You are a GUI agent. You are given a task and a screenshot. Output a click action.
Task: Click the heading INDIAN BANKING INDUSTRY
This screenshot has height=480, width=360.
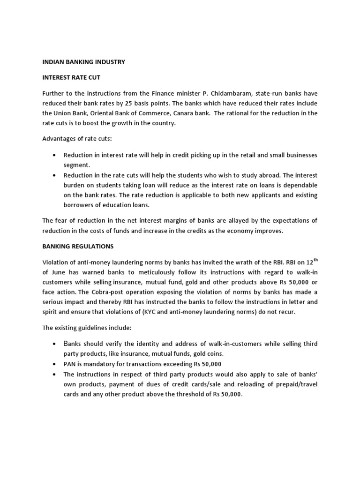pyautogui.click(x=83, y=61)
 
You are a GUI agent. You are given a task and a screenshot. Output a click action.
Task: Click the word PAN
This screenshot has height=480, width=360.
pyautogui.click(x=70, y=364)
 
